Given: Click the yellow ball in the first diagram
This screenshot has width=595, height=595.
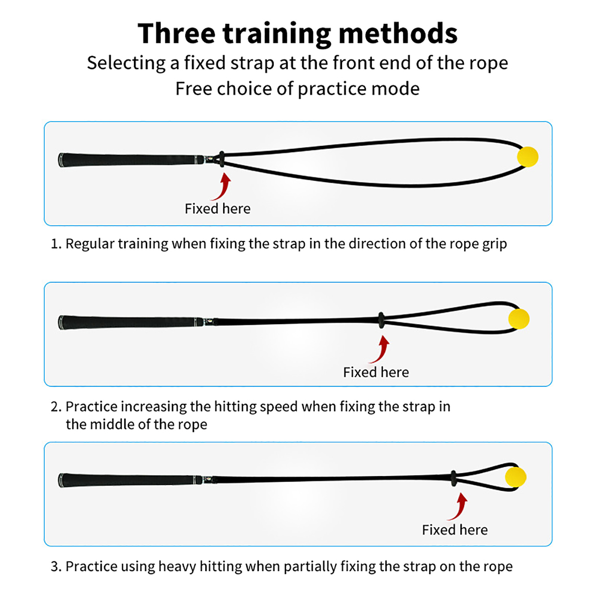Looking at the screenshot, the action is click(x=527, y=157).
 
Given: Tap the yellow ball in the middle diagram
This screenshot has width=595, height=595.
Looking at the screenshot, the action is click(x=519, y=319).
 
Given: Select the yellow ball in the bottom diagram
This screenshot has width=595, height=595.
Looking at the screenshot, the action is click(x=515, y=477).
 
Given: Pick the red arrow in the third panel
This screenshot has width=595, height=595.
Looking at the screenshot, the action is click(x=459, y=507).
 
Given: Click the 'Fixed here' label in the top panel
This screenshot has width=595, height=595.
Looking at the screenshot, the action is click(x=218, y=209).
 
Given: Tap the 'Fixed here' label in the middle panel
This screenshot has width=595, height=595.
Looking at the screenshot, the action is click(x=376, y=372).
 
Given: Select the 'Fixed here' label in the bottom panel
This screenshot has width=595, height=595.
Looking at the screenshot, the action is click(x=455, y=530).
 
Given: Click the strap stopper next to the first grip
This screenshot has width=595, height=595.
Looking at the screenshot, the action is click(x=222, y=159).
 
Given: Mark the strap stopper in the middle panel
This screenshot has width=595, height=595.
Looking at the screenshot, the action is click(x=381, y=320).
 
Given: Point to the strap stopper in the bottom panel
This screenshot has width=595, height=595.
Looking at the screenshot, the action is click(x=453, y=479).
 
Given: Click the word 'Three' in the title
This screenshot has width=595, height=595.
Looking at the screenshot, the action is click(x=176, y=33).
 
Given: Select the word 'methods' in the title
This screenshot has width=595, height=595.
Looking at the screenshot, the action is click(x=398, y=33).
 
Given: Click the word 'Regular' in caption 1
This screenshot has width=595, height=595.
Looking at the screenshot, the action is click(x=90, y=244).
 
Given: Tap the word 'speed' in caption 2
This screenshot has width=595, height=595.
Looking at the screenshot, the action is click(x=279, y=407).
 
